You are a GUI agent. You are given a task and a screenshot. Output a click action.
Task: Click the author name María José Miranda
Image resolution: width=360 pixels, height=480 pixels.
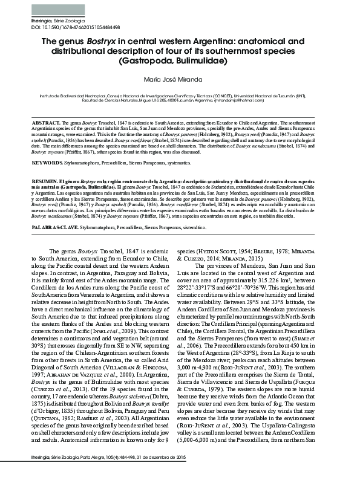179,79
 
